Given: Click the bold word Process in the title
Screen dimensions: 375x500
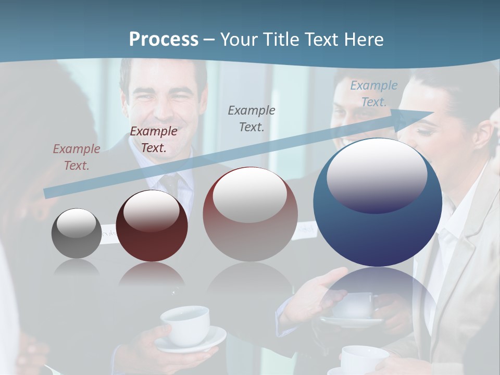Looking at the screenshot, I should point(164,40).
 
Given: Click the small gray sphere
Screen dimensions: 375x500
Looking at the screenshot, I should point(77,233).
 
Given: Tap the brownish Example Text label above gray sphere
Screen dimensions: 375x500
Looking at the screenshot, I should point(77,157).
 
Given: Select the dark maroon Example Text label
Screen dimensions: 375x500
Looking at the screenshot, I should point(154,140).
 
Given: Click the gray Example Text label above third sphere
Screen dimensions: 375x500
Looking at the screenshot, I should point(252,118).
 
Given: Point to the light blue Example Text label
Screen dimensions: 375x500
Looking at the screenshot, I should point(374,94).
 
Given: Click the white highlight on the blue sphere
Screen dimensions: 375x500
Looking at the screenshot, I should point(377,174).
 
